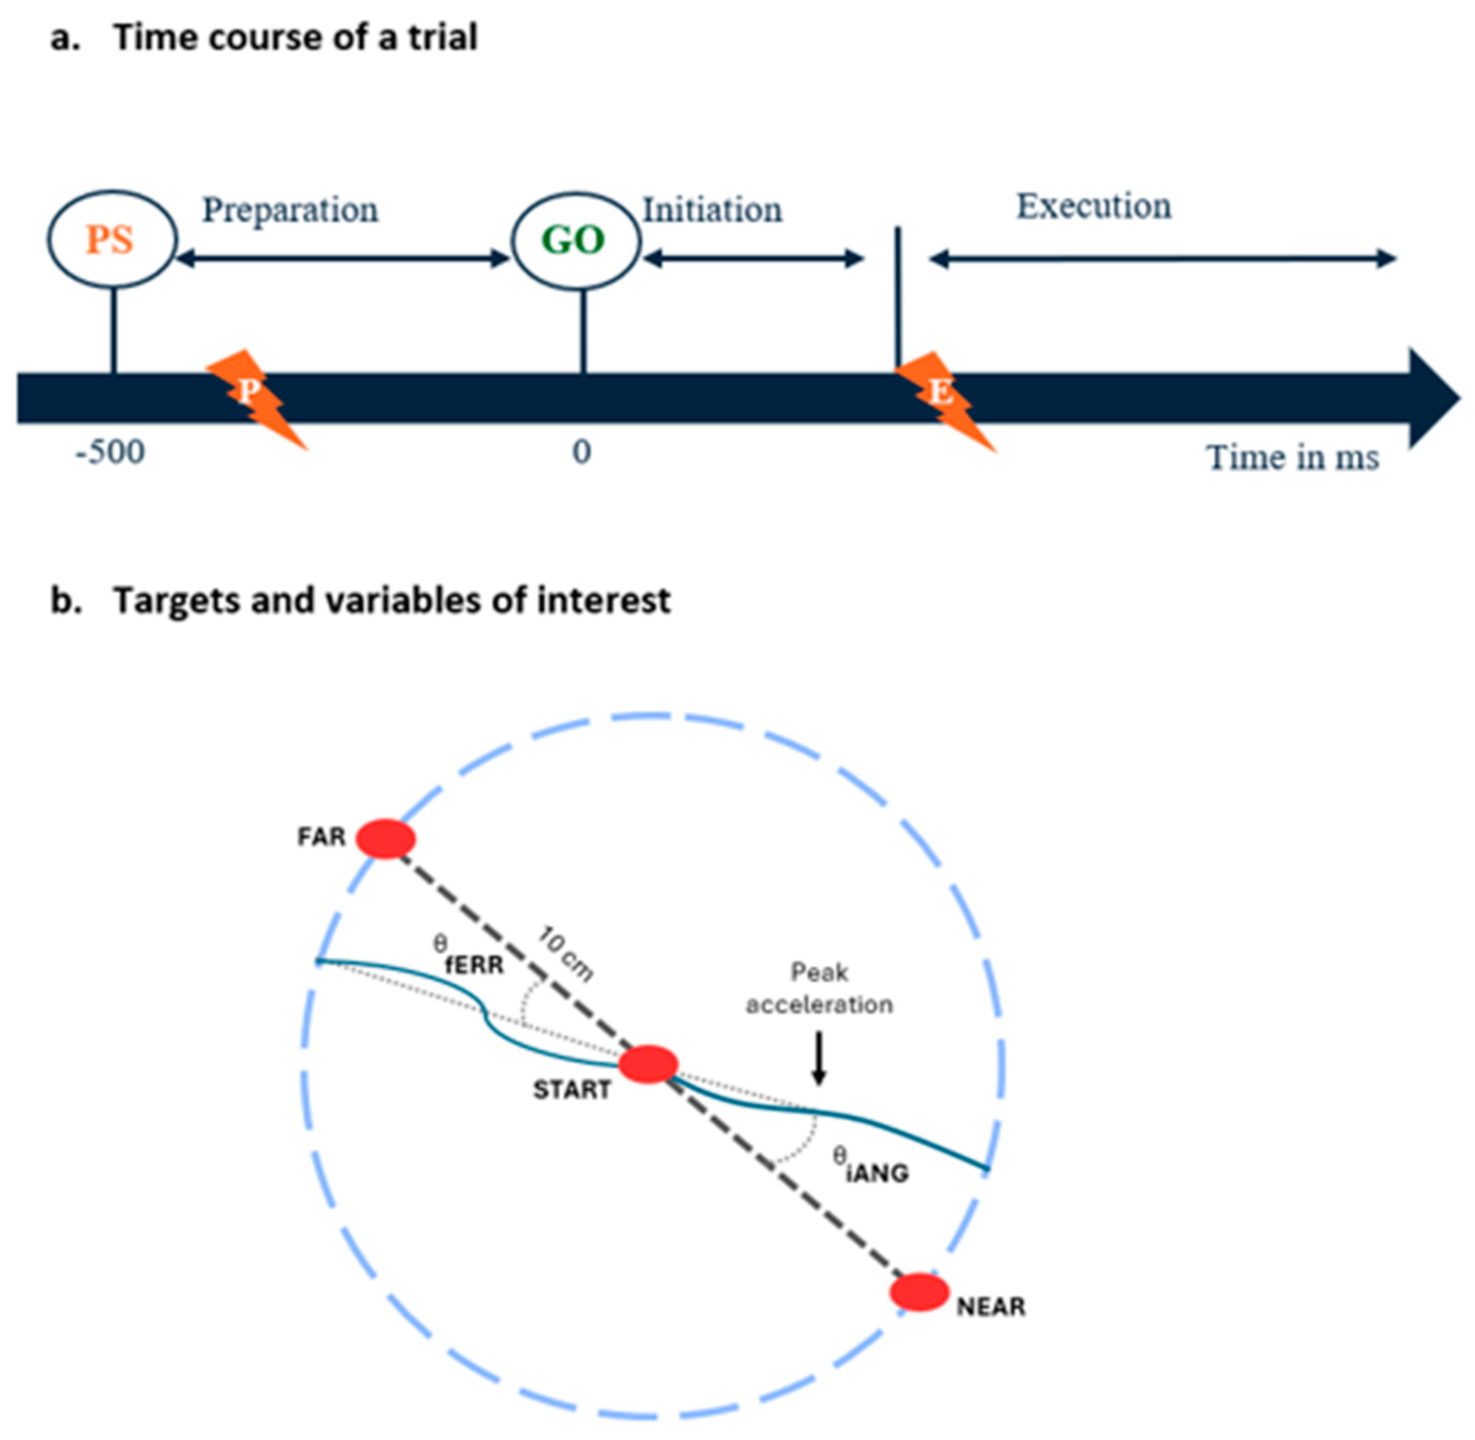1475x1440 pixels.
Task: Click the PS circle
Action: (112, 240)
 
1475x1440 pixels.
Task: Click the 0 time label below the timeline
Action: (581, 452)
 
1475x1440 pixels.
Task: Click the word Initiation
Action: (712, 210)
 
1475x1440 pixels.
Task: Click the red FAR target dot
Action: (385, 839)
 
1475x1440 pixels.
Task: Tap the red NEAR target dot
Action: (919, 1292)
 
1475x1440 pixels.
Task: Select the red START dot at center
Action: (648, 1064)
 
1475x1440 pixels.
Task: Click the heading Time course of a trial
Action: (295, 37)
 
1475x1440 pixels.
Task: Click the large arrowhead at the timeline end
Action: (1432, 398)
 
